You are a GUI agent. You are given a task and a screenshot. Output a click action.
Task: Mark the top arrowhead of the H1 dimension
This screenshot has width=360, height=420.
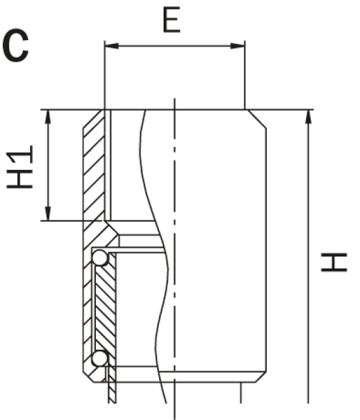[x=48, y=115]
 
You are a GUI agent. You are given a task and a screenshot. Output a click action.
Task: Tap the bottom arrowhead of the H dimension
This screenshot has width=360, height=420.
[x=307, y=397]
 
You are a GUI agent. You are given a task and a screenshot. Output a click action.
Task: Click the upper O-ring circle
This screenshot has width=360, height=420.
[x=100, y=258]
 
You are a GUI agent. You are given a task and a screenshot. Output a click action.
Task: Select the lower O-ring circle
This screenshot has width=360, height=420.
[x=100, y=358]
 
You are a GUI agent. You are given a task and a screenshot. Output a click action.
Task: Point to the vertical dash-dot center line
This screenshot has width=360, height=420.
[x=174, y=197]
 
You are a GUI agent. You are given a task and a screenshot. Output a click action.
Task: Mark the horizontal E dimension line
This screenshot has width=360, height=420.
[x=175, y=46]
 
